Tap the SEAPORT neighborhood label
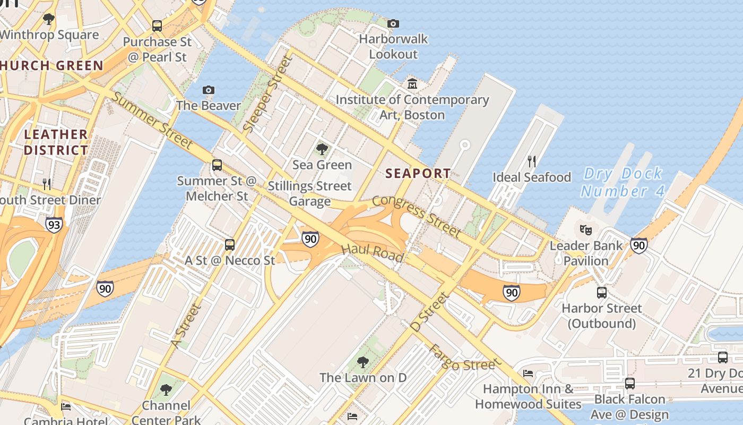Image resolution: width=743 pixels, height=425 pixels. coord(418,173)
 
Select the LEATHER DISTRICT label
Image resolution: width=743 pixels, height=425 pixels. coord(56,142)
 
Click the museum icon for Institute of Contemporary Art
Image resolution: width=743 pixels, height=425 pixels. coord(412,84)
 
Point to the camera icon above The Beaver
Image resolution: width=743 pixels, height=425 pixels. coord(209,90)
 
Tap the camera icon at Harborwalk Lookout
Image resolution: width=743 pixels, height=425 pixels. coord(393,23)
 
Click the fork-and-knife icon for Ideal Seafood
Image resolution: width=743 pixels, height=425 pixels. coord(532,161)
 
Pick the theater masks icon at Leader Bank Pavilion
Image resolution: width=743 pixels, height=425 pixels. coord(586,230)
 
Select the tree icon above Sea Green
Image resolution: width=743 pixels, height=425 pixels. coord(322,149)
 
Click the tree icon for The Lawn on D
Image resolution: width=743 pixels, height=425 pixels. coord(363,362)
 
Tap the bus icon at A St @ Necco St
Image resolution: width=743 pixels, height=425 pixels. coord(230,244)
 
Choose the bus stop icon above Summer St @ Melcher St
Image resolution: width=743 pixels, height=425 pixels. coord(217,165)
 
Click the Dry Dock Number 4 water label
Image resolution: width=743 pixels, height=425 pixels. coord(623,182)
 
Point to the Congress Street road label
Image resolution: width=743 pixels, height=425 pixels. coord(417,215)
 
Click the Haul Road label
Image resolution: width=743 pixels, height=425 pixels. coord(372,252)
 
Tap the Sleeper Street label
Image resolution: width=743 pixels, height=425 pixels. coord(268,94)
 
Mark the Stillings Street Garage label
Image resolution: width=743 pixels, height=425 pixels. coord(309,193)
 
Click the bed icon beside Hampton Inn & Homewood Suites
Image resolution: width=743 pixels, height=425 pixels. coord(528,373)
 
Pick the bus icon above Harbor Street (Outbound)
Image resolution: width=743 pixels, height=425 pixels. coord(602,292)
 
